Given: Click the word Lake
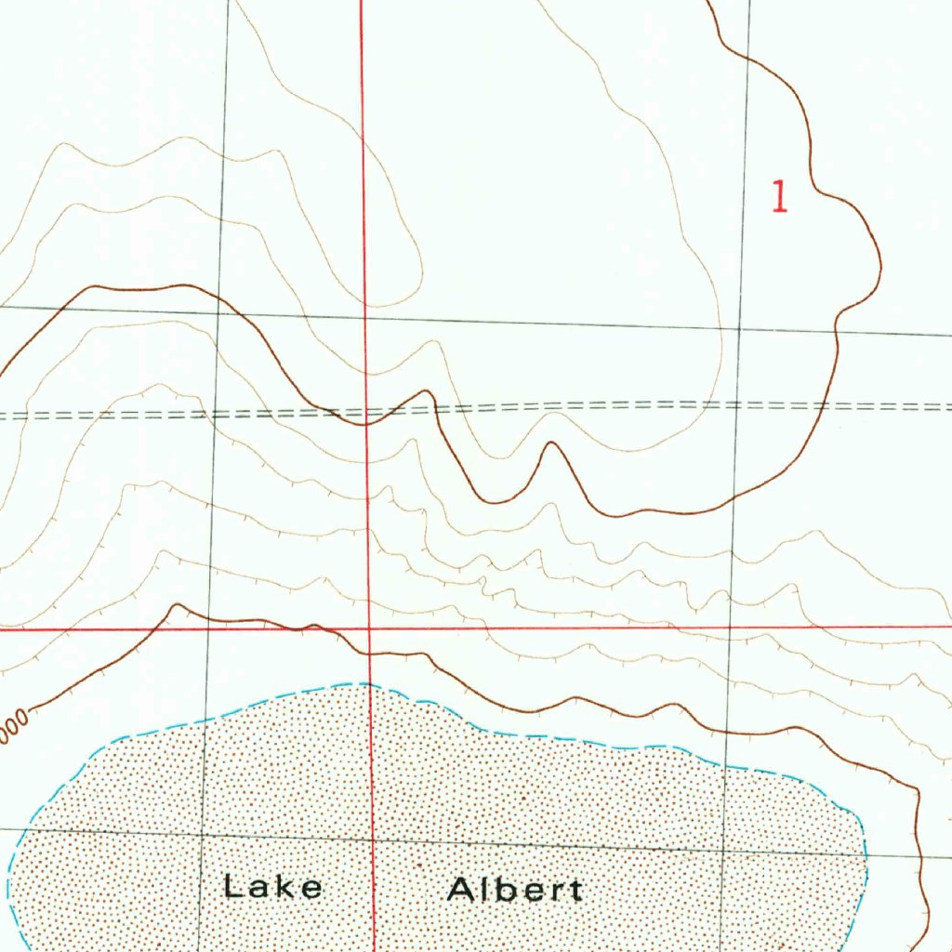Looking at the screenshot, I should [272, 887].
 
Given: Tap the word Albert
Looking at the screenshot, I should [514, 890].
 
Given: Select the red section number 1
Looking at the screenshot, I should [780, 197].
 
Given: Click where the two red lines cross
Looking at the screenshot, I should [369, 628].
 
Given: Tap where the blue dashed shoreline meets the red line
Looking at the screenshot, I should [370, 684].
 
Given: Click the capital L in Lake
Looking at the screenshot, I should [232, 886].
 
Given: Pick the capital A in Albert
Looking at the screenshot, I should [462, 890].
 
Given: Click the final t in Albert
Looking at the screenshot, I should [575, 891].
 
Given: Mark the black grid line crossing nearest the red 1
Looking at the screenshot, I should [740, 329].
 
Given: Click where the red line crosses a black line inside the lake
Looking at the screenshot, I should [372, 839].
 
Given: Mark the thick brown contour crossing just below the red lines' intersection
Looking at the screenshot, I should [370, 654].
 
